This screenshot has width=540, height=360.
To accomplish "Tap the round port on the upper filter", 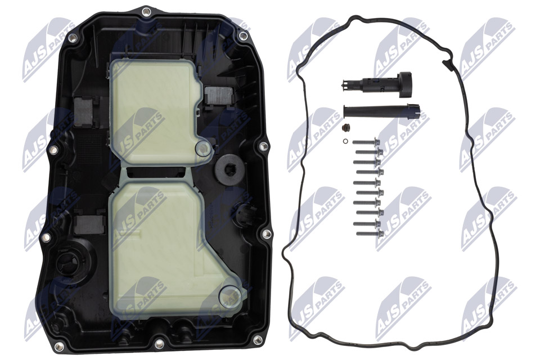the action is point(202,149).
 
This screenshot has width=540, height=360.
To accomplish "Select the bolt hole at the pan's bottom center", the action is point(159,346).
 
